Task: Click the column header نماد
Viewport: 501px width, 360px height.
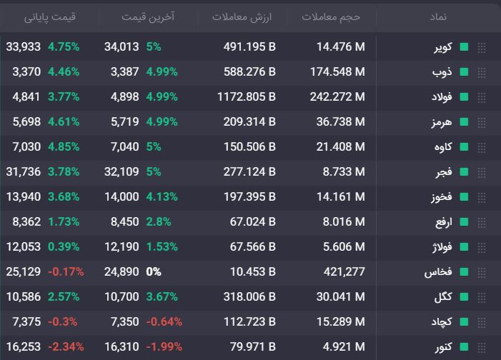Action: pos(438,16)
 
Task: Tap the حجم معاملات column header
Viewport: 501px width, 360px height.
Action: pos(331,16)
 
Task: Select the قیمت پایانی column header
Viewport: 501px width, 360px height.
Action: pos(50,16)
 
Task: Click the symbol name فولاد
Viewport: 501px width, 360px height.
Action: pos(442,97)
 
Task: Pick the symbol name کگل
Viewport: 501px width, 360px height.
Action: pos(443,296)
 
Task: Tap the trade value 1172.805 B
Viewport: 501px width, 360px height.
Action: pos(247,97)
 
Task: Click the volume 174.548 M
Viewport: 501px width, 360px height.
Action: pos(337,72)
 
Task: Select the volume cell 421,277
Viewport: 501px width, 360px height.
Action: pos(344,272)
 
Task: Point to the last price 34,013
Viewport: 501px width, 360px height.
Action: pos(121,47)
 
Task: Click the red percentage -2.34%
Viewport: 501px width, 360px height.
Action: pos(66,347)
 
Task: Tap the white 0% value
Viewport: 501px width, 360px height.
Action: pos(154,272)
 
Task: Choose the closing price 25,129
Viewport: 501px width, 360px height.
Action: pos(24,272)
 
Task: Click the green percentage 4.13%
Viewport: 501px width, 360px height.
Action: pos(162,196)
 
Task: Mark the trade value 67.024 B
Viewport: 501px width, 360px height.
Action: pos(253,221)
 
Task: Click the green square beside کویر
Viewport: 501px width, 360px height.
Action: pos(464,47)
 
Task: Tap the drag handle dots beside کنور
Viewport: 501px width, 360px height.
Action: pos(482,347)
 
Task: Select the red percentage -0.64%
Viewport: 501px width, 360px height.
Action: pos(164,321)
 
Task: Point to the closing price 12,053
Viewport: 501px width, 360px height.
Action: pos(24,247)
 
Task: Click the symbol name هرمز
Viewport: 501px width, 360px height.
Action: pos(442,122)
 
